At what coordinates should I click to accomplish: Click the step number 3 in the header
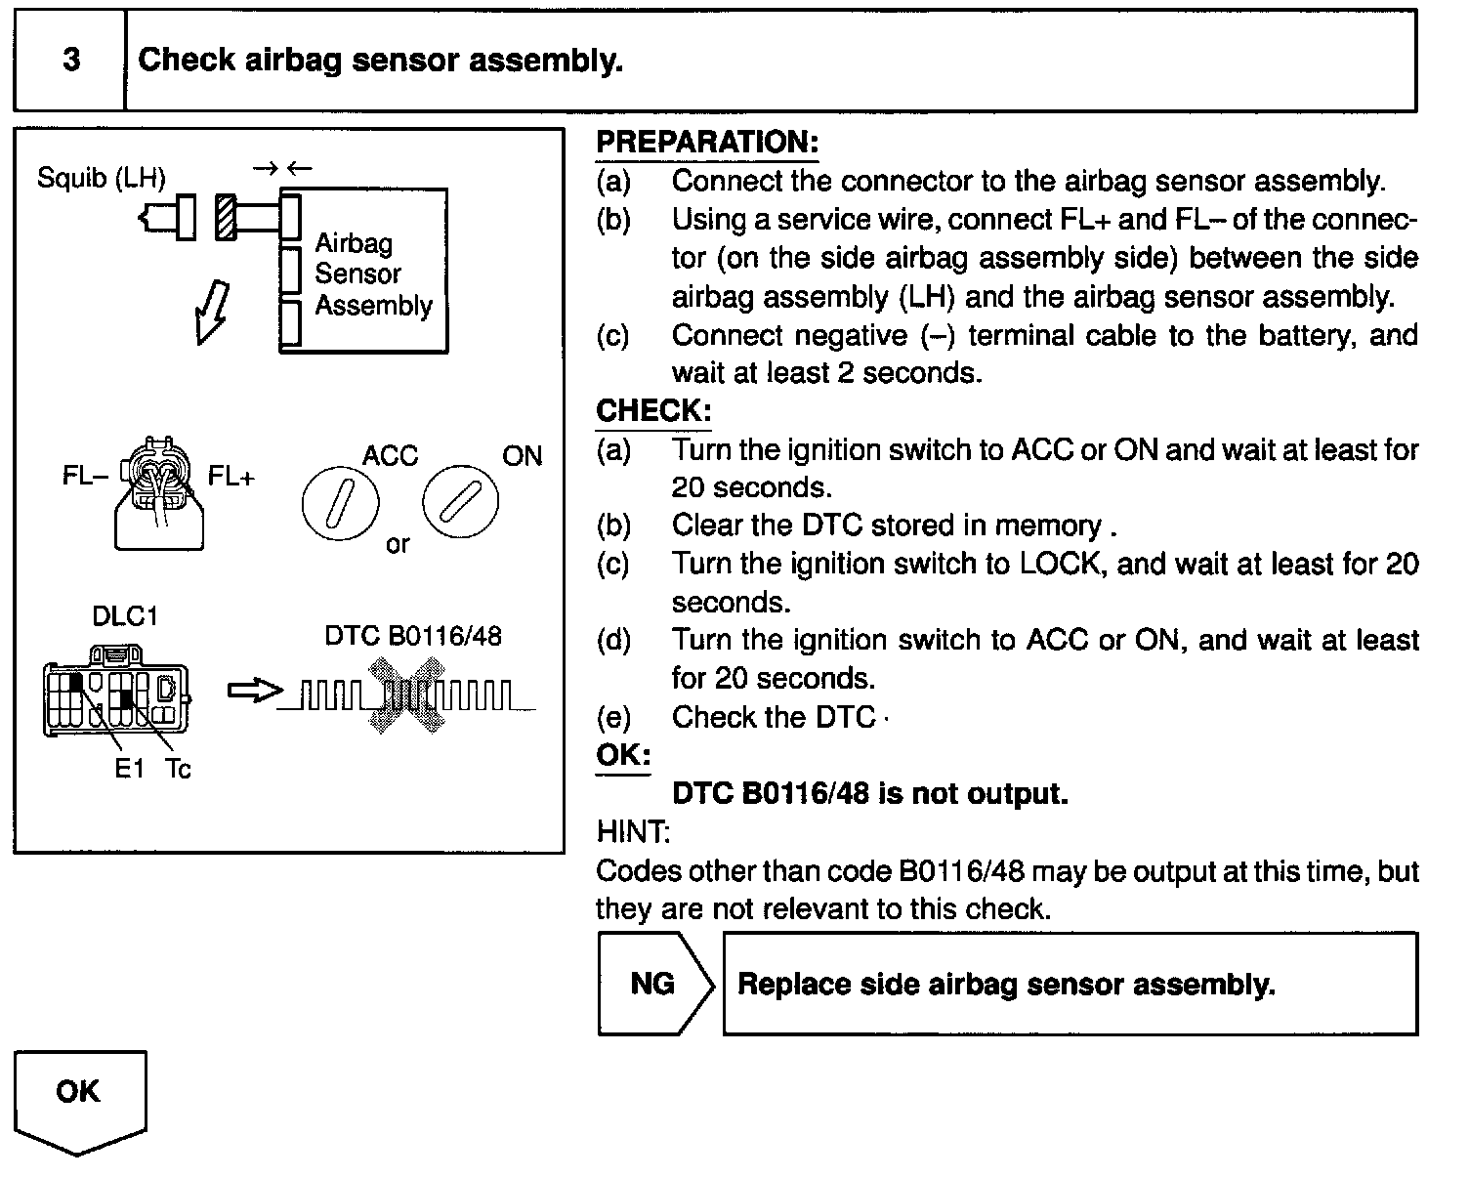point(70,61)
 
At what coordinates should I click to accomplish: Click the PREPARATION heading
point(706,142)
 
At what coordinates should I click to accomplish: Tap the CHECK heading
point(652,410)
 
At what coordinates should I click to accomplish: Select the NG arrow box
point(653,984)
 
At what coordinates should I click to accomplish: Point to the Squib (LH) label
point(102,178)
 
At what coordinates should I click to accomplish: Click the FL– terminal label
point(85,477)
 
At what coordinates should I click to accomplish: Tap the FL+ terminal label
point(231,477)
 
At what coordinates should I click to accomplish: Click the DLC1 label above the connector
point(124,616)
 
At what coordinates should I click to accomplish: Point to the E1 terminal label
point(129,769)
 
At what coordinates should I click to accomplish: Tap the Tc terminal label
point(178,769)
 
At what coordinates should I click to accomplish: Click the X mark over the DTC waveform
point(405,696)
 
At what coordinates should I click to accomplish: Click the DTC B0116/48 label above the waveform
point(412,636)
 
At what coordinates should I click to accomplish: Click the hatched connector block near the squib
point(226,216)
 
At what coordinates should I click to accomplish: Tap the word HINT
point(632,832)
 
